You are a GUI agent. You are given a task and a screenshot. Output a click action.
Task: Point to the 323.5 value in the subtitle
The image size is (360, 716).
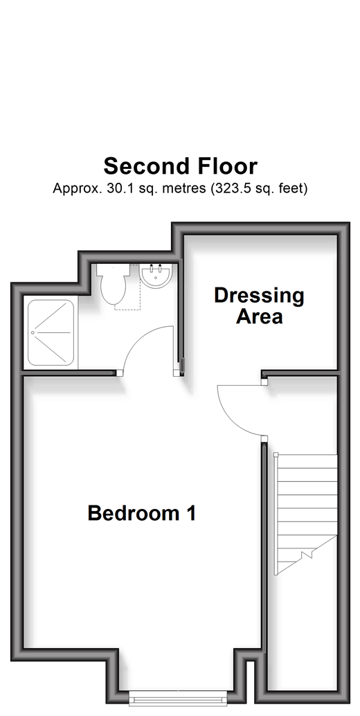tap(232, 188)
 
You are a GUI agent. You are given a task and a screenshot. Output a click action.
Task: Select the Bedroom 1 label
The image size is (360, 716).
tap(142, 513)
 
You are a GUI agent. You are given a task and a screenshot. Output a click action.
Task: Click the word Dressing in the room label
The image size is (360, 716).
tap(259, 296)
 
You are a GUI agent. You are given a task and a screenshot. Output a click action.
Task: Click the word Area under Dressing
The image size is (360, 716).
tap(259, 316)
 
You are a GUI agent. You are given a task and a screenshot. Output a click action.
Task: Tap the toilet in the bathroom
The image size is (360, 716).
tap(113, 284)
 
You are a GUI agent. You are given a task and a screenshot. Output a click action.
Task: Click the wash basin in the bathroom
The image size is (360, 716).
tap(156, 276)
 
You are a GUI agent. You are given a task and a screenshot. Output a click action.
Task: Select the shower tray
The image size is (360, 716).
tap(51, 332)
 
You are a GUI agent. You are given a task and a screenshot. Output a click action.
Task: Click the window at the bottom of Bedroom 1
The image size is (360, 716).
tap(178, 698)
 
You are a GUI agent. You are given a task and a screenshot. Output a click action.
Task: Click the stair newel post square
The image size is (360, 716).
tap(276, 455)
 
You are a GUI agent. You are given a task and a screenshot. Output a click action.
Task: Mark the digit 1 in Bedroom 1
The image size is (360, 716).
tap(192, 513)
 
